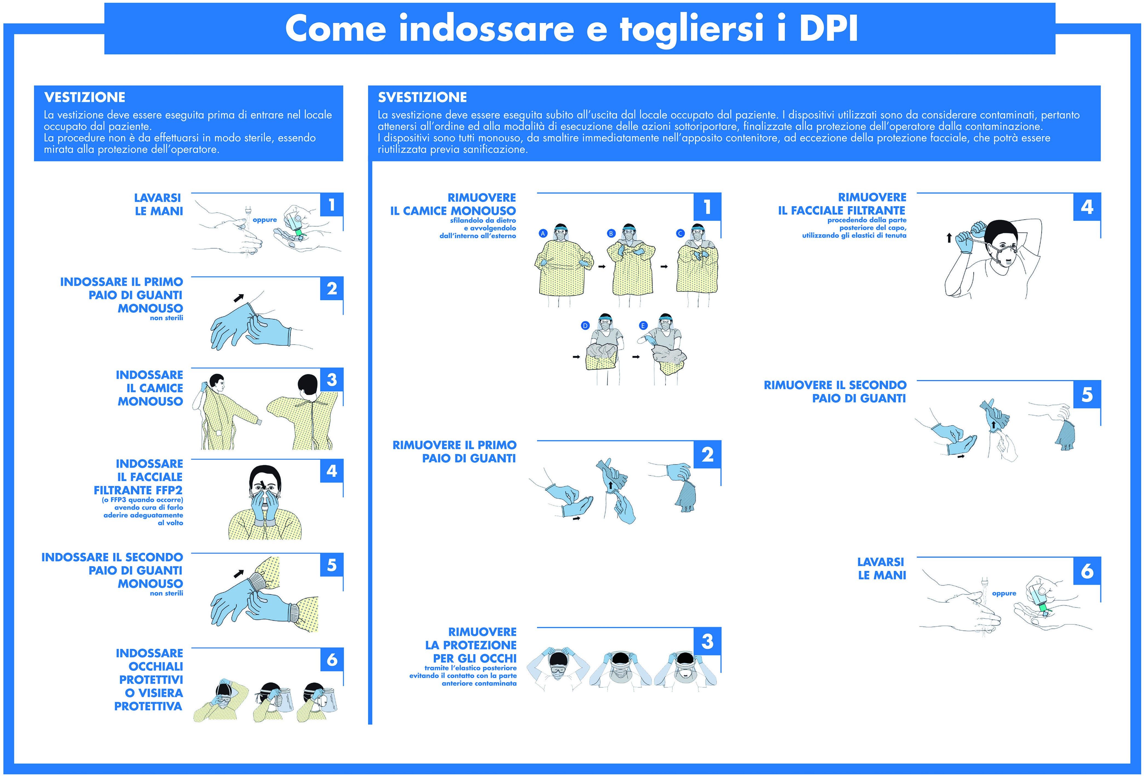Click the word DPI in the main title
point(828,28)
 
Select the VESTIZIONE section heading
point(85,97)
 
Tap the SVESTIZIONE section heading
point(422,97)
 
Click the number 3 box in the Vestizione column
point(332,380)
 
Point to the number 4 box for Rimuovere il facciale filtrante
point(1087,207)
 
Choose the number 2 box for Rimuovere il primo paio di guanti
point(707,455)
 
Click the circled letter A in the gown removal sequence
point(543,233)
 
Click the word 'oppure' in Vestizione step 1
point(265,219)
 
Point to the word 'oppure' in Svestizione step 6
point(1004,593)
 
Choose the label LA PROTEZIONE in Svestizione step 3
point(470,645)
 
